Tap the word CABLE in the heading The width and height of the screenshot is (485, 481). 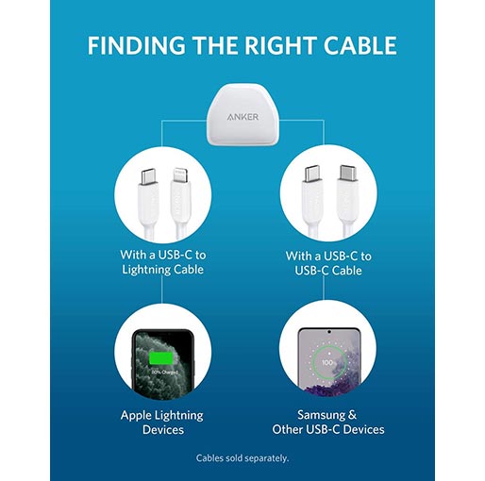click(x=360, y=45)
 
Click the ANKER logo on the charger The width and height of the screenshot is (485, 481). click(x=242, y=117)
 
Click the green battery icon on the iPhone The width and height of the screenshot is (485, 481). click(x=160, y=358)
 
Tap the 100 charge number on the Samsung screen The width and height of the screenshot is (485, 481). click(x=327, y=362)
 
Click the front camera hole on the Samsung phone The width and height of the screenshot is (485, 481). click(x=329, y=332)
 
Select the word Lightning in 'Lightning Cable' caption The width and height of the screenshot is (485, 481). click(x=144, y=270)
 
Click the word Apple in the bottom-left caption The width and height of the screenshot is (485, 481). click(x=136, y=416)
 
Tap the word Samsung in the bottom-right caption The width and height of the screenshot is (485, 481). click(x=321, y=415)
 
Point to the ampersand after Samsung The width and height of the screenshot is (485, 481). click(x=352, y=415)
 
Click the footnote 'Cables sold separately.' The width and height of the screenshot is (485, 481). click(x=242, y=458)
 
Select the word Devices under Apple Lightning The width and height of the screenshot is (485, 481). click(x=163, y=429)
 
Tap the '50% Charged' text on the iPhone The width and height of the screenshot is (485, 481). click(x=164, y=373)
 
